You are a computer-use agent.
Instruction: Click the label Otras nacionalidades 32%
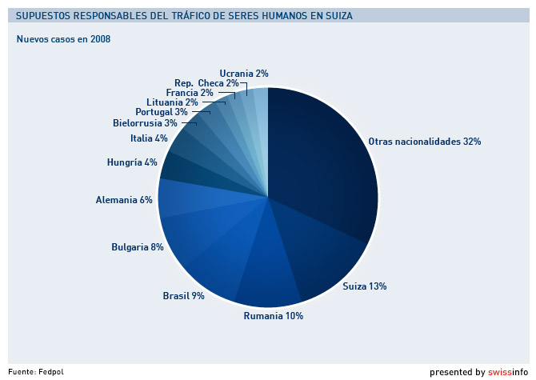tap(424, 142)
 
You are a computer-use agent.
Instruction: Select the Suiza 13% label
tap(365, 286)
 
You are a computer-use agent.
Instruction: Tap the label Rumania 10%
tap(273, 316)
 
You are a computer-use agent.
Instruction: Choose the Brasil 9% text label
tap(183, 296)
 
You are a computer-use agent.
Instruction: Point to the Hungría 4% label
tap(132, 162)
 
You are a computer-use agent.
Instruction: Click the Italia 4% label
tap(149, 138)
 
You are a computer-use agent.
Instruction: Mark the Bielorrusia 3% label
tap(145, 123)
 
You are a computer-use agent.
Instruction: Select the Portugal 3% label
tap(161, 112)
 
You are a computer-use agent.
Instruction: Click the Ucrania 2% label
tap(243, 74)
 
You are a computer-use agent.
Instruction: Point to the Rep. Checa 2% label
tap(206, 83)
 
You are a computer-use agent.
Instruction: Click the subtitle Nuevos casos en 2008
tap(63, 39)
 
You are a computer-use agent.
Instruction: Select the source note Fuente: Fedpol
tap(36, 371)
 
